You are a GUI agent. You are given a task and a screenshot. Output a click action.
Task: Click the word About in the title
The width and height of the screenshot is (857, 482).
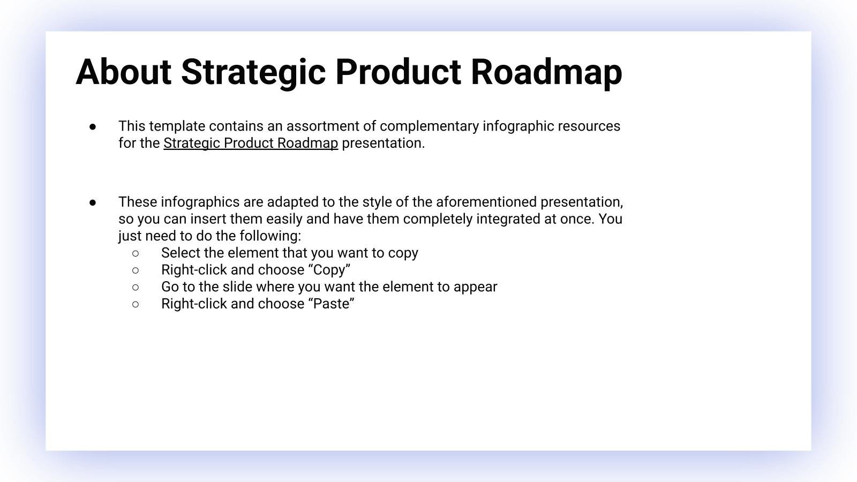point(123,72)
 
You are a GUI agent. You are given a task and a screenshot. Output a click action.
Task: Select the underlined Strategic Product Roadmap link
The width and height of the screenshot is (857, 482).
point(251,144)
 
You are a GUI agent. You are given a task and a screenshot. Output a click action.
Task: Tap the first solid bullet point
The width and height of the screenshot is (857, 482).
point(93,127)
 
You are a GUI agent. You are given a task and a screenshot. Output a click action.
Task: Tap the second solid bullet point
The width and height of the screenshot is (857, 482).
point(93,203)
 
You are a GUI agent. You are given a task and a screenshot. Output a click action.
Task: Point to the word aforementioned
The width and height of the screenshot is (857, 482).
point(486,202)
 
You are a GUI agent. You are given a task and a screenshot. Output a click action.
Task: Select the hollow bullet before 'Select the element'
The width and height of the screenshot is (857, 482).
point(136,253)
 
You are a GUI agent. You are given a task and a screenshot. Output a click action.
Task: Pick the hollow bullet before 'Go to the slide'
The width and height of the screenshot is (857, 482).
point(136,287)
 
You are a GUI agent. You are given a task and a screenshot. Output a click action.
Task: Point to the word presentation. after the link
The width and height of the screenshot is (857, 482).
point(383,144)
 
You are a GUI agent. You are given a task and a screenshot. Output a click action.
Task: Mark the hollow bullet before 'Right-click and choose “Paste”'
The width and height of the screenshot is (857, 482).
point(136,304)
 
